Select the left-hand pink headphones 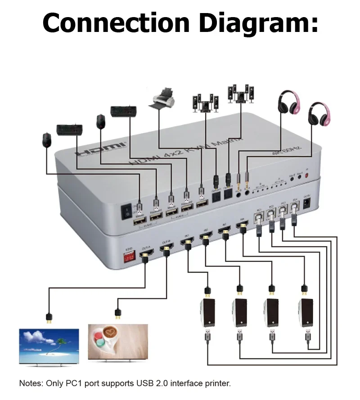288,103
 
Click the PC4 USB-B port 295,207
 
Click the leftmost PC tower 207,313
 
